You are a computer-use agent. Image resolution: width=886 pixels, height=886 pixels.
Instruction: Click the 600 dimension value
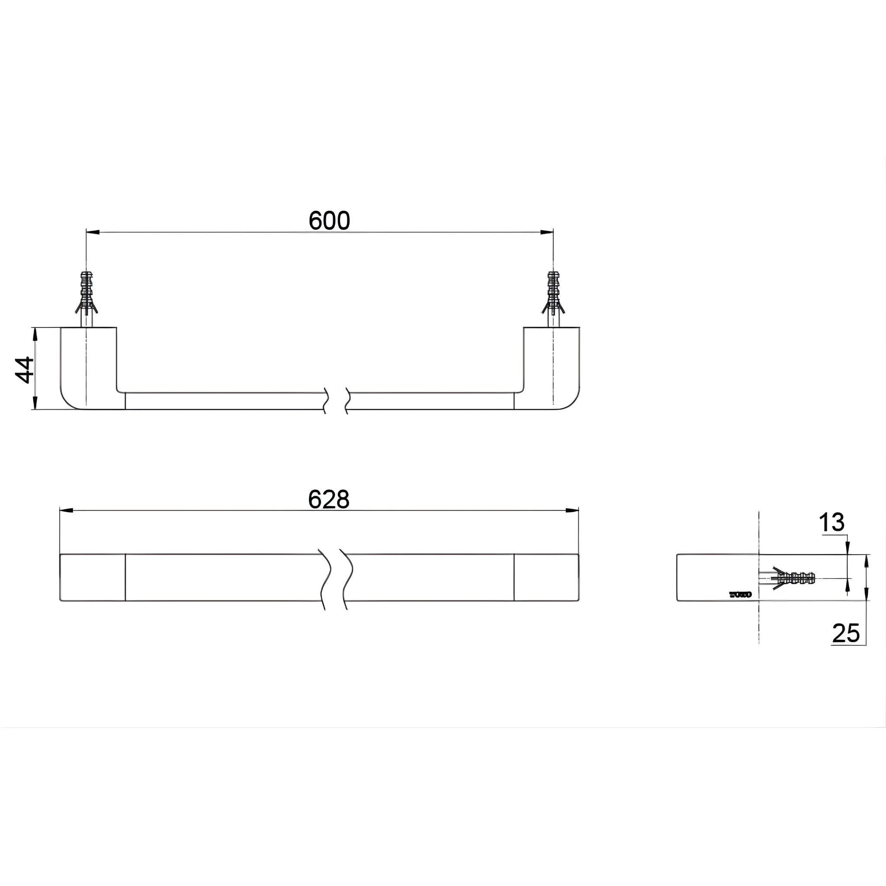(329, 221)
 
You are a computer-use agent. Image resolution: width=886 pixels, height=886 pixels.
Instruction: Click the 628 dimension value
(328, 499)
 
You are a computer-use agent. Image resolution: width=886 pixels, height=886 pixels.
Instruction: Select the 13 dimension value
(831, 522)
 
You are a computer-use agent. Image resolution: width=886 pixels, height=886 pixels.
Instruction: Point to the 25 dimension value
(846, 633)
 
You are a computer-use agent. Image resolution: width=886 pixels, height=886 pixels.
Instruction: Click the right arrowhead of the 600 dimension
(547, 232)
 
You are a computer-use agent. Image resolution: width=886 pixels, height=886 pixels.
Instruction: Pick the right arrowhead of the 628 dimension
(572, 510)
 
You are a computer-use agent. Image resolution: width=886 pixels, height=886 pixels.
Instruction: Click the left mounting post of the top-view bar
(89, 367)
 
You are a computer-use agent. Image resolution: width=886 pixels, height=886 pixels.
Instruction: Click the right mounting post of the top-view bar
(552, 367)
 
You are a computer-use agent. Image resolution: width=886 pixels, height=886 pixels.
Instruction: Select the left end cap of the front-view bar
(93, 578)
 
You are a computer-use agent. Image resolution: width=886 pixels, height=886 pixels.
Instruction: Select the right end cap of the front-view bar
(546, 578)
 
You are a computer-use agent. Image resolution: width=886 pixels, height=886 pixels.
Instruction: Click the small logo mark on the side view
(740, 595)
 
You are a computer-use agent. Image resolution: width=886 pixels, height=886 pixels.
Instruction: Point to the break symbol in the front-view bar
(337, 578)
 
